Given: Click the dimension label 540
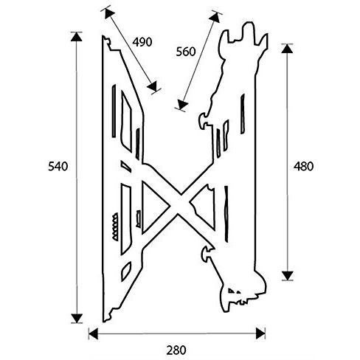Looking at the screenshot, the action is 58,167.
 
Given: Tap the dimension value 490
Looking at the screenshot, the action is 142,42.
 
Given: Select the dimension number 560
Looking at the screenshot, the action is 186,52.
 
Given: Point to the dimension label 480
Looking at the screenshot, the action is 303,167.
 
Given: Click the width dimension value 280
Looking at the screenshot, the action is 176,350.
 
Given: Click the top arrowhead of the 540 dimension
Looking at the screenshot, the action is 77,36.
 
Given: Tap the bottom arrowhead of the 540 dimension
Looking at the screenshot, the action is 77,318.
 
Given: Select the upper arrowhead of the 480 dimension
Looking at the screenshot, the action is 287,49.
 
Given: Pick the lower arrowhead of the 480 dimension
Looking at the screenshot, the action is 287,275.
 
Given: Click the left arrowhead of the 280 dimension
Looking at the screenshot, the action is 93,333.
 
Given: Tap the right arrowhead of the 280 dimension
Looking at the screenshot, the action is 260,333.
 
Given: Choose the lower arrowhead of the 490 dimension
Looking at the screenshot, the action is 153,86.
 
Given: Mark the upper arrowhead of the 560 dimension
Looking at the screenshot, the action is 215,16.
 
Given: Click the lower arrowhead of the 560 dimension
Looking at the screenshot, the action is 182,105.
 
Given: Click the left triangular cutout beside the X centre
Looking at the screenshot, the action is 155,207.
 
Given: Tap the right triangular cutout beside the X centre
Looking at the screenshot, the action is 204,206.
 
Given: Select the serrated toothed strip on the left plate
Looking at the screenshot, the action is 115,227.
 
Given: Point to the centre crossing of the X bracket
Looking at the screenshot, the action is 180,205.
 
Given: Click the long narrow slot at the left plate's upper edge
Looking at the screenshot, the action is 114,111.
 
